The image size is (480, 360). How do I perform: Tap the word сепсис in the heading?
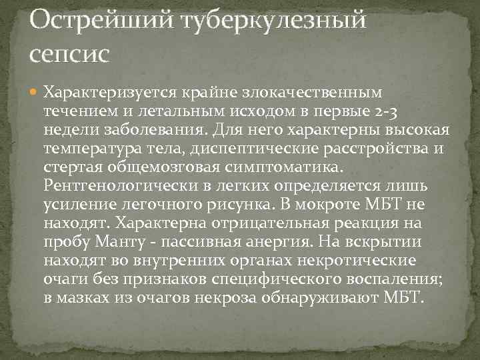(x=67, y=54)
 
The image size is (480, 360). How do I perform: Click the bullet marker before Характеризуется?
(x=34, y=90)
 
